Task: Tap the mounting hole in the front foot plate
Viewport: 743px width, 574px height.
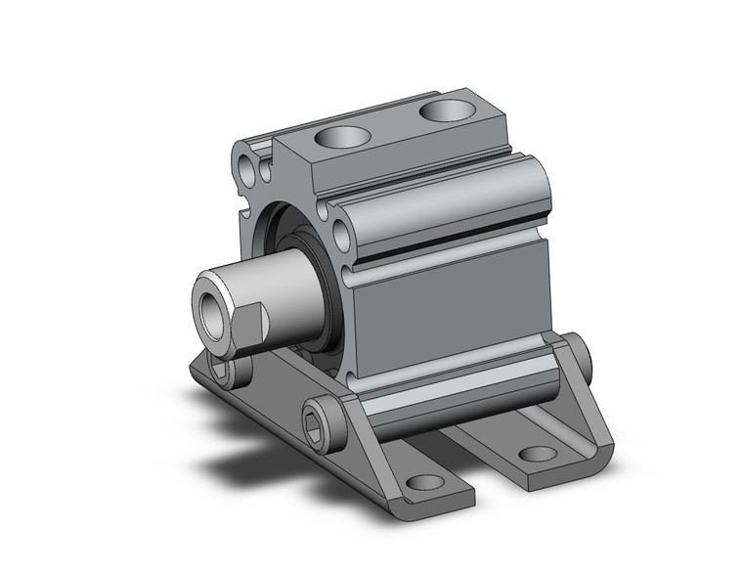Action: coord(423,482)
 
